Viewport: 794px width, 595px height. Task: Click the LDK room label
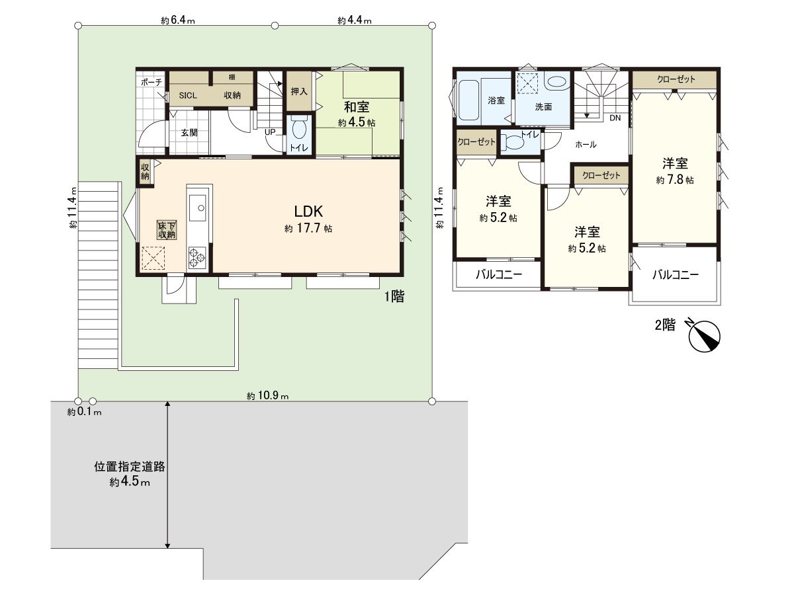308,212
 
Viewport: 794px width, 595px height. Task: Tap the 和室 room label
356,106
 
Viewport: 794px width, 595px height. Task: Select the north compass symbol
704,334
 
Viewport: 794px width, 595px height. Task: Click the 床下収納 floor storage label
166,229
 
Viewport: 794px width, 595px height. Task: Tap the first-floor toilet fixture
298,128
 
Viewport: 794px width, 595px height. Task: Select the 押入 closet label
298,91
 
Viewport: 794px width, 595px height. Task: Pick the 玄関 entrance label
190,132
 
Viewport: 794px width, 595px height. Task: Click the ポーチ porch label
152,81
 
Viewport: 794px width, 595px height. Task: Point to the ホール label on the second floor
586,143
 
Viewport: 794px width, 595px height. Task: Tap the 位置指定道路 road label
130,466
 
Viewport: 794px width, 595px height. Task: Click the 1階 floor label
394,297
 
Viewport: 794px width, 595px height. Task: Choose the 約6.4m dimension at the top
177,20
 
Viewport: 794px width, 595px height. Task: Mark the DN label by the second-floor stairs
615,118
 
